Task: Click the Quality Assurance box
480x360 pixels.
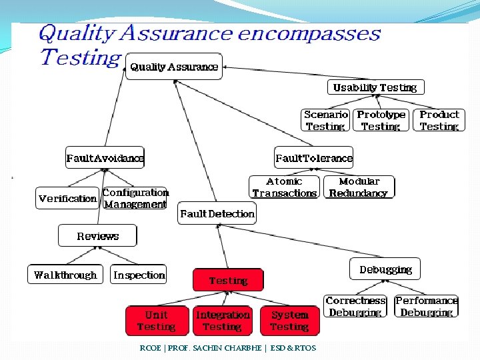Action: tap(174, 67)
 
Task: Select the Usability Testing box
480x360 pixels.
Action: tap(375, 87)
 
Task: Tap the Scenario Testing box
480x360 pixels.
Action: tap(325, 120)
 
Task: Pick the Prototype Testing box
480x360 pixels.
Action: tap(381, 120)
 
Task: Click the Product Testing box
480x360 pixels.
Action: tap(439, 120)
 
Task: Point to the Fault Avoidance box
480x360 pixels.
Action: tap(105, 158)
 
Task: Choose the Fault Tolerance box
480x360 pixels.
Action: tap(314, 158)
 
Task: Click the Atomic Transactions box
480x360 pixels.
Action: tap(284, 187)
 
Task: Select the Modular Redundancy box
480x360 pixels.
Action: tap(359, 187)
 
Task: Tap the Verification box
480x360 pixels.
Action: tap(67, 198)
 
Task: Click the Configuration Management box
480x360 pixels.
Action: tap(135, 198)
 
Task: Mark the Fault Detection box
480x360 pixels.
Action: tap(217, 214)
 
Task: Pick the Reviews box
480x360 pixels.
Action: tap(97, 236)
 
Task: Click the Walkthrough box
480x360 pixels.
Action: tap(65, 275)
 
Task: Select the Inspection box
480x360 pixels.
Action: tap(139, 275)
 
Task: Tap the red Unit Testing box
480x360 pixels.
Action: tap(156, 321)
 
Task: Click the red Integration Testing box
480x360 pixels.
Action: tap(223, 321)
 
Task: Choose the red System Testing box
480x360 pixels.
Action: tap(289, 321)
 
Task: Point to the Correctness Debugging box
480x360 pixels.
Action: tap(355, 307)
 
